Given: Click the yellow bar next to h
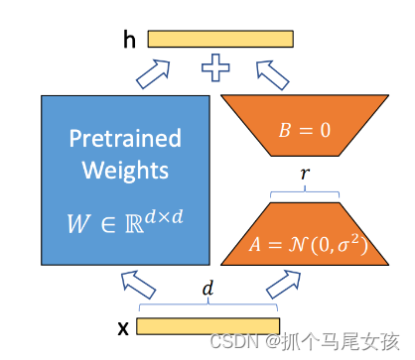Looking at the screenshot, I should [x=220, y=39].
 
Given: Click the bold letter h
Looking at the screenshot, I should [x=130, y=39].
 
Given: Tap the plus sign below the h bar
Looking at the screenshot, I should [x=215, y=68].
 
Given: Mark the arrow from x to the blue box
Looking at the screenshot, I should [x=138, y=288].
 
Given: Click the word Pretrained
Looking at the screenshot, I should [x=124, y=138].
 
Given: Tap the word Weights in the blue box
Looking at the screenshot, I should [x=124, y=171].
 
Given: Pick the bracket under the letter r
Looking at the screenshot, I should [x=304, y=190].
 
